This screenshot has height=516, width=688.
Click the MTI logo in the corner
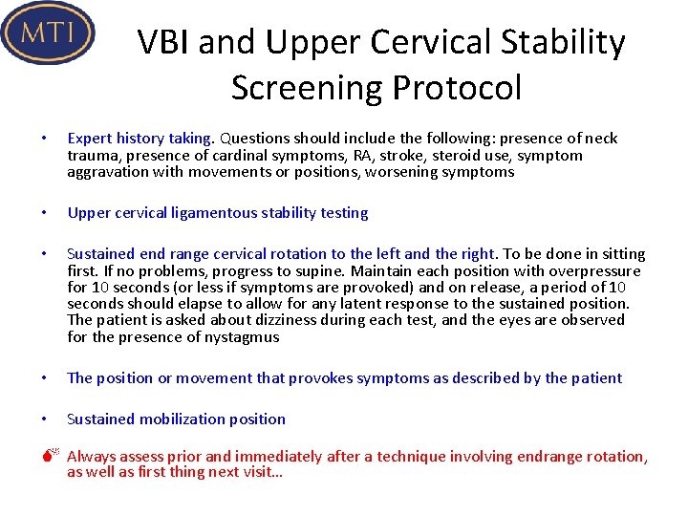pyautogui.click(x=48, y=32)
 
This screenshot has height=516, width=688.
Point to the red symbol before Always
pyautogui.click(x=54, y=457)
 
